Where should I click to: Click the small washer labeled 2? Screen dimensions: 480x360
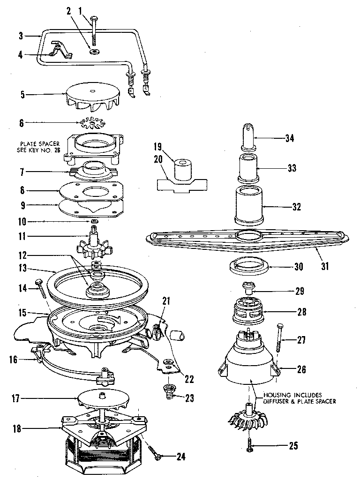[95, 51]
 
